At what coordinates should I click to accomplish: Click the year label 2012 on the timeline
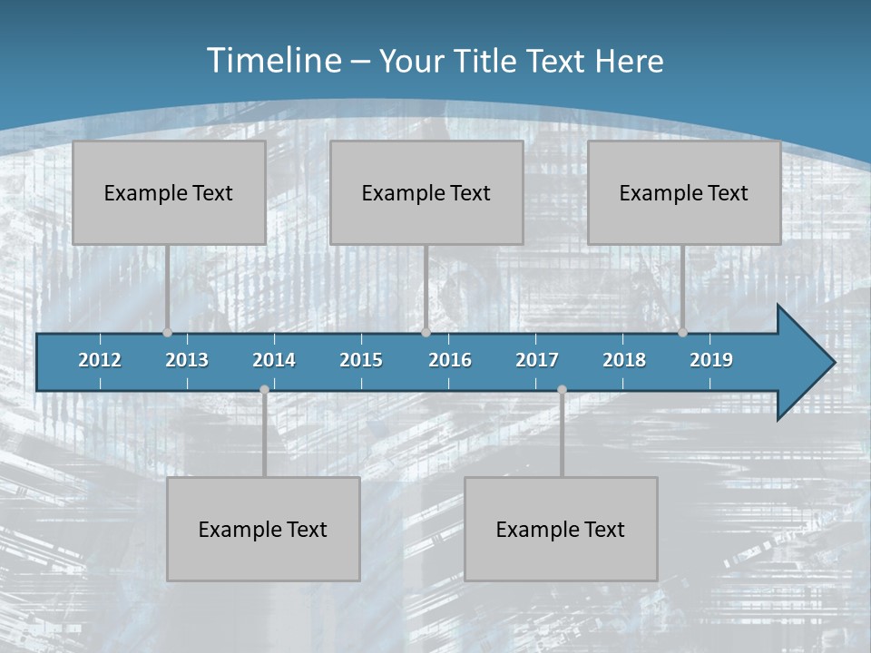tap(100, 360)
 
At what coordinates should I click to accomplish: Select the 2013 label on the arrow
tap(187, 360)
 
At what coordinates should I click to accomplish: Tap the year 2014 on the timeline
tap(274, 360)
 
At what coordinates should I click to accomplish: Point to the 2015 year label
tap(361, 360)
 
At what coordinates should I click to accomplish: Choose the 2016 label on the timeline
tap(450, 360)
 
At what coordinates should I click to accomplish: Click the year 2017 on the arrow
tap(537, 360)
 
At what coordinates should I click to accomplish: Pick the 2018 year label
tap(624, 360)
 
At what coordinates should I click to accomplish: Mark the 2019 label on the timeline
tap(711, 360)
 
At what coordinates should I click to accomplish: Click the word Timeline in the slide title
tap(272, 61)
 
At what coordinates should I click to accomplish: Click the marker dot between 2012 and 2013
tap(167, 332)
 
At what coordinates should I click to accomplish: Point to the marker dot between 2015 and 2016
tap(426, 332)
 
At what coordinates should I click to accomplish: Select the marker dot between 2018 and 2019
tap(682, 332)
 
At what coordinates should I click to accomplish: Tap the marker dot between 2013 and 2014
tap(264, 389)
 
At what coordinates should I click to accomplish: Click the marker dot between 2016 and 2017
tap(562, 389)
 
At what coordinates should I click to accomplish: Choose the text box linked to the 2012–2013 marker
tap(169, 192)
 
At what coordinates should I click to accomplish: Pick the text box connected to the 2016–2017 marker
tap(561, 529)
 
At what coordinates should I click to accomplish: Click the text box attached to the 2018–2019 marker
tap(684, 192)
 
